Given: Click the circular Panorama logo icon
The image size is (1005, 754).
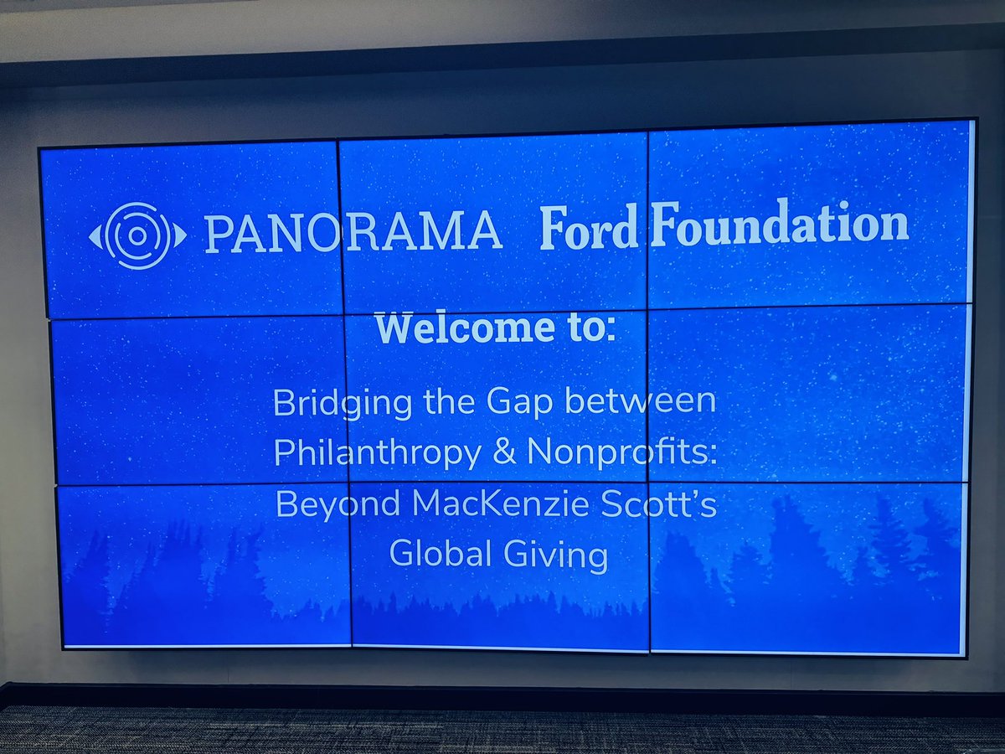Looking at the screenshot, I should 138,235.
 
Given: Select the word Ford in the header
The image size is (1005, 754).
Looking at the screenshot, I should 589,228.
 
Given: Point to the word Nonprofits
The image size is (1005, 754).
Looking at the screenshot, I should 621,452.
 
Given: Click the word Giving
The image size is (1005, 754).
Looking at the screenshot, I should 559,555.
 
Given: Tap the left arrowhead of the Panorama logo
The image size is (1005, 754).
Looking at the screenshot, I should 94,236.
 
